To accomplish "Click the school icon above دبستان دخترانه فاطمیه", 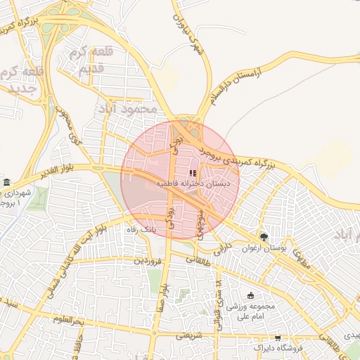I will point(193,173).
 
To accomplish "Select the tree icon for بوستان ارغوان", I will point(264,237).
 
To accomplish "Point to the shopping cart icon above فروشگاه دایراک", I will point(278,338).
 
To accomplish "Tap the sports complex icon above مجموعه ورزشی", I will point(252,295).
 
